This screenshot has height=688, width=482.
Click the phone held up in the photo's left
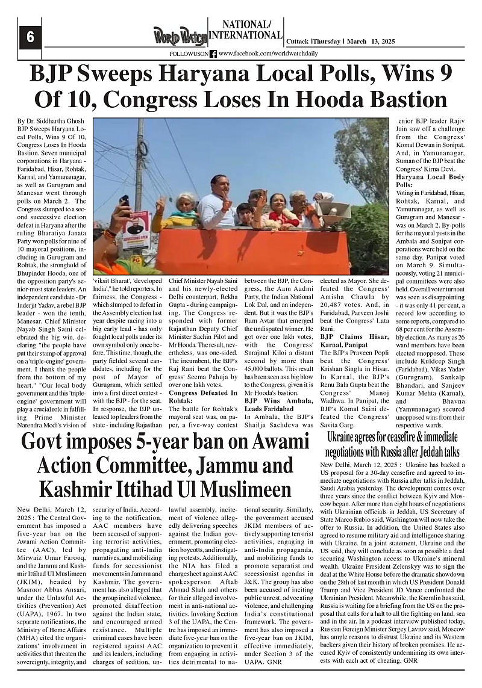pos(124,200)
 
